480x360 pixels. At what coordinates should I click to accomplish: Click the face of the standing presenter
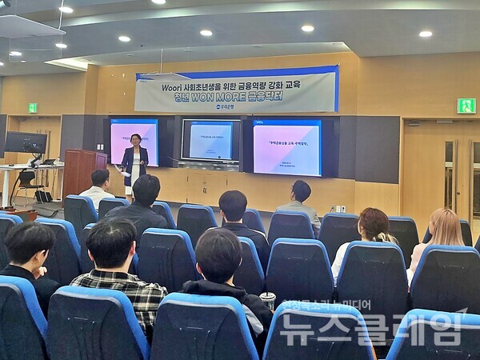tap(135, 140)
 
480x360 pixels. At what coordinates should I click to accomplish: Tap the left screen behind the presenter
tap(134, 141)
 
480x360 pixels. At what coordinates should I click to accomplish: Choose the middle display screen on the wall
tap(210, 141)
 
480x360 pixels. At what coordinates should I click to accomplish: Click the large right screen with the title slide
tap(286, 147)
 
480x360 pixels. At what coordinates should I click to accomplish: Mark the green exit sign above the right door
tap(466, 106)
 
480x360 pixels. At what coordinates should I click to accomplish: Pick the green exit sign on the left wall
tap(33, 107)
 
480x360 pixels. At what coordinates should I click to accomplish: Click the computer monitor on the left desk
tap(25, 143)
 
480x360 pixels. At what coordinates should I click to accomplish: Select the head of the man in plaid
tap(111, 244)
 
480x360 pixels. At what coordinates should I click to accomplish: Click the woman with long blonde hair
tap(445, 231)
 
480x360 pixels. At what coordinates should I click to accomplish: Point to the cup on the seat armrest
tap(268, 300)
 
